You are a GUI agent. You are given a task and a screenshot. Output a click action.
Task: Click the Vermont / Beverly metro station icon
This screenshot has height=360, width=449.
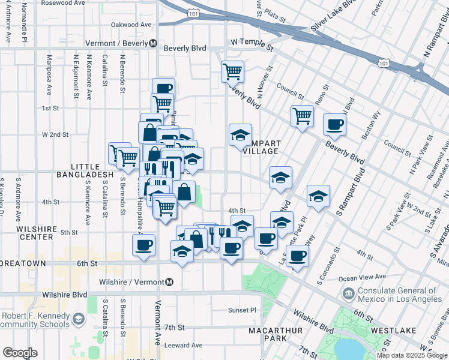point(154,43)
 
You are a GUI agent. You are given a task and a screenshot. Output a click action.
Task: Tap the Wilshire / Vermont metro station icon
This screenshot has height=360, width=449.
point(170,282)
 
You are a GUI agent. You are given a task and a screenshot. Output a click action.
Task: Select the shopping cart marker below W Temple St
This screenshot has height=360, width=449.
point(232,72)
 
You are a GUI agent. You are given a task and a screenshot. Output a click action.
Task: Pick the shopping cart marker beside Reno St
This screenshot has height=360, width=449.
point(302,115)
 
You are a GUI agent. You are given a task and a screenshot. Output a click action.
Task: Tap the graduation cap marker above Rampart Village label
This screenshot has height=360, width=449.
point(240,134)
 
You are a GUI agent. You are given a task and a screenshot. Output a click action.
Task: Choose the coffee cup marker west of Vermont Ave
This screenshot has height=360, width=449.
point(144,245)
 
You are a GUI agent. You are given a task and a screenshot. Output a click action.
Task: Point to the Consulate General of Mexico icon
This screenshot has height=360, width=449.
point(348,294)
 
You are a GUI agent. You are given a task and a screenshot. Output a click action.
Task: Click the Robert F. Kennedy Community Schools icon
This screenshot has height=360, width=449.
point(78,320)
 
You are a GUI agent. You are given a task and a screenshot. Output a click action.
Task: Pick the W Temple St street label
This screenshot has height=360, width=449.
point(252,44)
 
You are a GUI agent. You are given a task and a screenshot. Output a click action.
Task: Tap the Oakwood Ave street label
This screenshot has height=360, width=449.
point(131,25)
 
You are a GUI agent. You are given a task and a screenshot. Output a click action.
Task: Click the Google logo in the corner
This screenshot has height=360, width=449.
point(20,352)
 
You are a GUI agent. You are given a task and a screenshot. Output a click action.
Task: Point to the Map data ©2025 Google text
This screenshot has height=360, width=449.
point(411,355)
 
